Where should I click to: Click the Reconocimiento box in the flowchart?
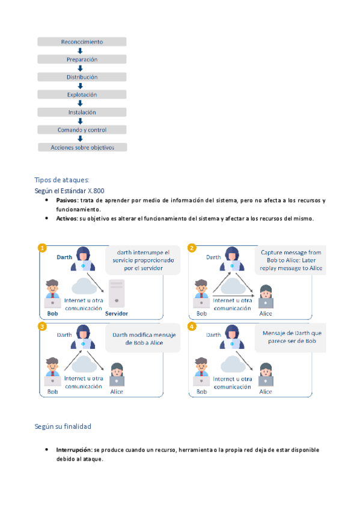click(82, 41)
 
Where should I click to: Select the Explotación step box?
click(82, 94)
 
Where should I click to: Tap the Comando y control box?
click(82, 130)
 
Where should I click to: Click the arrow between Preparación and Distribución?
click(81, 69)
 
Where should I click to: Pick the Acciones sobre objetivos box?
click(82, 147)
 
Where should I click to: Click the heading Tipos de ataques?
click(62, 180)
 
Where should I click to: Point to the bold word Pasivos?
click(67, 200)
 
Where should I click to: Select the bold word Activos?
click(67, 218)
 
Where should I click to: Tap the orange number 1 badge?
click(42, 248)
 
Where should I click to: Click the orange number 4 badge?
click(192, 326)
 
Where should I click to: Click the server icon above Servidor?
click(117, 293)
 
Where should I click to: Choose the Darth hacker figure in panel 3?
click(83, 337)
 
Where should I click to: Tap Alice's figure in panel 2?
click(266, 296)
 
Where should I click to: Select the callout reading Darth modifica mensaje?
click(143, 338)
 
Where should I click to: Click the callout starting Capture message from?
click(290, 260)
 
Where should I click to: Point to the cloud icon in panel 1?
click(84, 286)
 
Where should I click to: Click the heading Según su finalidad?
click(63, 426)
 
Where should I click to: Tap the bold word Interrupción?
click(75, 450)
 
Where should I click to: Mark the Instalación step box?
click(82, 112)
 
